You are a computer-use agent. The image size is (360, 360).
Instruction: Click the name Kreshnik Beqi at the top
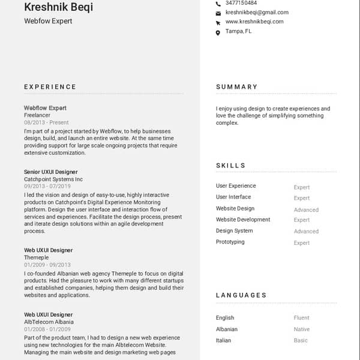pyautogui.click(x=58, y=7)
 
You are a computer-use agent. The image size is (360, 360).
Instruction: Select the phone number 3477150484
pyautogui.click(x=241, y=3)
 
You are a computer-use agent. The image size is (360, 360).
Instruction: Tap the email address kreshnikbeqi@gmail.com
pyautogui.click(x=257, y=12)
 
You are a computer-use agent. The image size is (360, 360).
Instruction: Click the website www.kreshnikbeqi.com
pyautogui.click(x=254, y=22)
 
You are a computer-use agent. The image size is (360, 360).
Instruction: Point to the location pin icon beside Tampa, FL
pyautogui.click(x=218, y=32)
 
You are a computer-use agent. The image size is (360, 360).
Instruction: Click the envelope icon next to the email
pyautogui.click(x=218, y=13)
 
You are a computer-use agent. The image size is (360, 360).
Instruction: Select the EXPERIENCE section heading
pyautogui.click(x=50, y=87)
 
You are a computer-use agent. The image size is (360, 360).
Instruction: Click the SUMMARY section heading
pyautogui.click(x=237, y=87)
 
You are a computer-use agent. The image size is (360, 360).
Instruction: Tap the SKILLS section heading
pyautogui.click(x=231, y=166)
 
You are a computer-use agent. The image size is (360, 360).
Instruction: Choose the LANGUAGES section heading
pyautogui.click(x=241, y=295)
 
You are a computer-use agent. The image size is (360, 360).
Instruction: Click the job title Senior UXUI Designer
pyautogui.click(x=51, y=172)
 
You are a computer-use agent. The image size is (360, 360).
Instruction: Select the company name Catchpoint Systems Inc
pyautogui.click(x=53, y=179)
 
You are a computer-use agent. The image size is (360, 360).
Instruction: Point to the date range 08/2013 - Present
pyautogui.click(x=46, y=122)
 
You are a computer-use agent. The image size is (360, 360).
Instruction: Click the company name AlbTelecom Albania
pyautogui.click(x=49, y=322)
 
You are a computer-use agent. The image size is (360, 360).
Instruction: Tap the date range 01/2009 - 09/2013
pyautogui.click(x=47, y=265)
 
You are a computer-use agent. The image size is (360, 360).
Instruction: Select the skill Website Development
pyautogui.click(x=243, y=220)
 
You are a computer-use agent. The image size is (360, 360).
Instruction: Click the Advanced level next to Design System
pyautogui.click(x=306, y=232)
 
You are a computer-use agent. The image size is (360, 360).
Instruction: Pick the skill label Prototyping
pyautogui.click(x=230, y=242)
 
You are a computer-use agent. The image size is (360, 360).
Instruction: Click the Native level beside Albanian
pyautogui.click(x=302, y=329)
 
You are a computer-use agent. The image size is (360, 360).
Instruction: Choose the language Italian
pyautogui.click(x=223, y=341)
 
